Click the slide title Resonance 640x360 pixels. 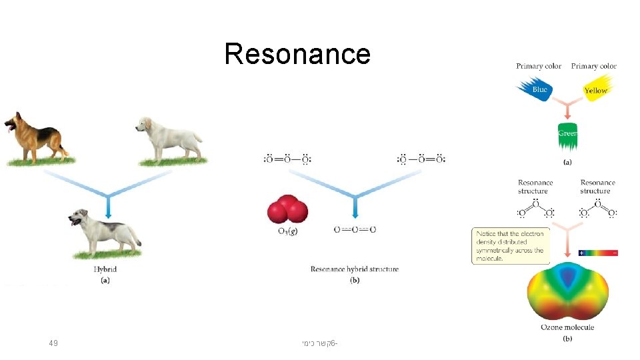tap(297, 53)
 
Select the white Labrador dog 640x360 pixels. tap(169, 137)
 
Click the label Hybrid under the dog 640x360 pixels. tap(105, 269)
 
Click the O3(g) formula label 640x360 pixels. tap(287, 231)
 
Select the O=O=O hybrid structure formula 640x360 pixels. tap(355, 229)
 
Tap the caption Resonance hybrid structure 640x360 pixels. tap(355, 269)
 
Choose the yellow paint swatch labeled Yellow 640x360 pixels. tap(595, 89)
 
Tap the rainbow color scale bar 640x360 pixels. tap(597, 253)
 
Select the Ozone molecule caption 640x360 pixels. tap(567, 327)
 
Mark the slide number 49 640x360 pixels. tap(53, 343)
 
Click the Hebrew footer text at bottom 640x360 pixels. tap(319, 343)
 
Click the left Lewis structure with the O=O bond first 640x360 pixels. tap(287, 159)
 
